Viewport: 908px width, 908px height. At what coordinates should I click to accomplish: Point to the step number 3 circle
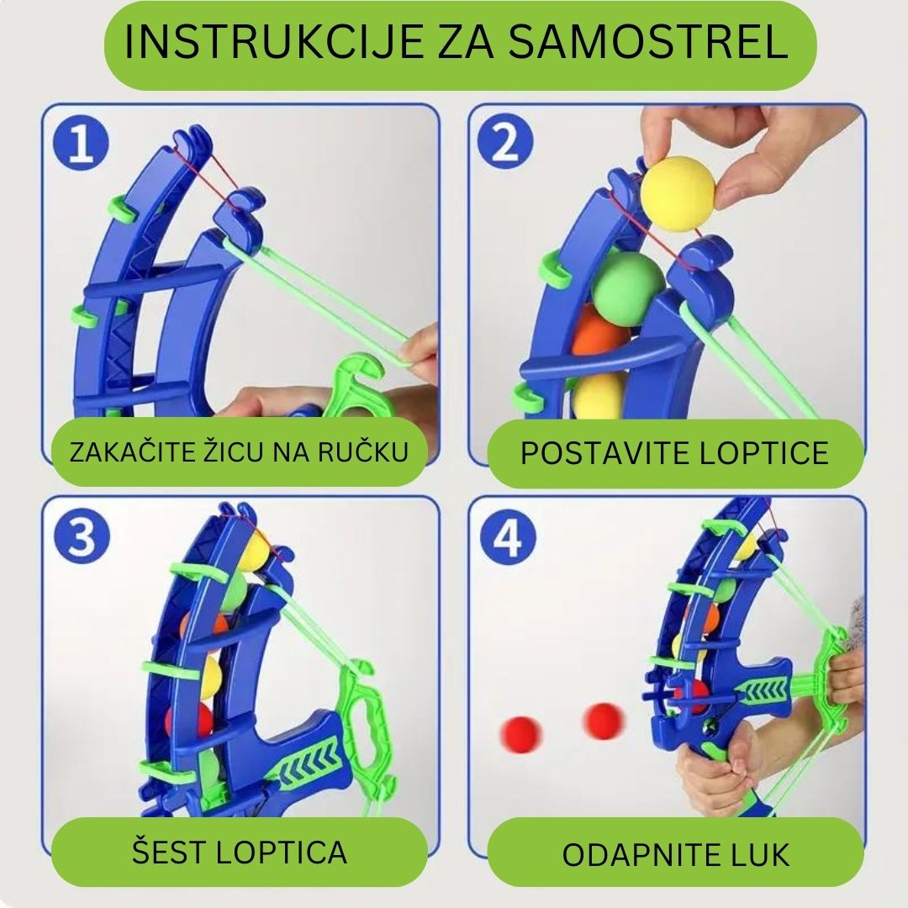coord(82,538)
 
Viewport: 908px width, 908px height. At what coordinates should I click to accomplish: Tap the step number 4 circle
coord(507,538)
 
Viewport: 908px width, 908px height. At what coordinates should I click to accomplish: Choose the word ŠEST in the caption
coord(167,852)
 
